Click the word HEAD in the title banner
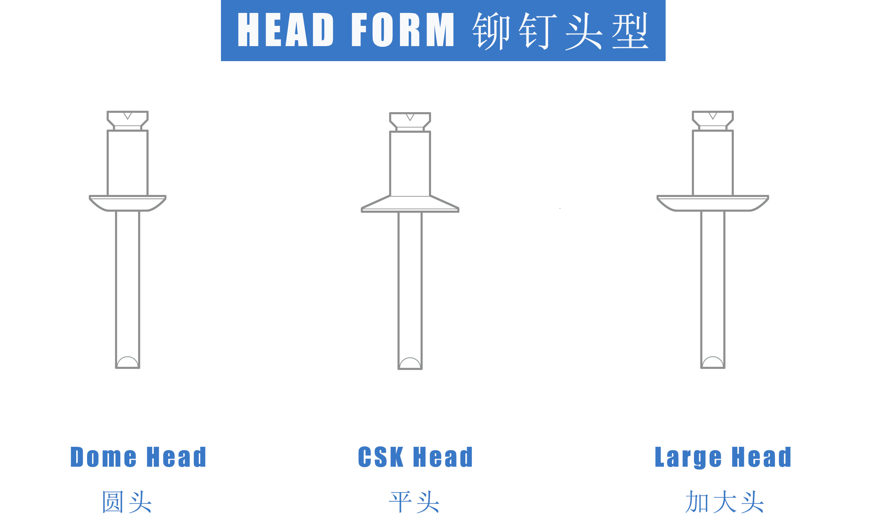(285, 30)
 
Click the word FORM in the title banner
(403, 30)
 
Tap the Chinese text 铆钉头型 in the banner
(560, 31)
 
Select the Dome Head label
(138, 457)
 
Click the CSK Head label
(415, 457)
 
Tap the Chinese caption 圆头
(127, 502)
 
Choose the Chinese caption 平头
(414, 502)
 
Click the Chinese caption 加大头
(724, 502)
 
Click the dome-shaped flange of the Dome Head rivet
(128, 204)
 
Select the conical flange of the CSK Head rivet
(410, 204)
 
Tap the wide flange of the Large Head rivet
(712, 204)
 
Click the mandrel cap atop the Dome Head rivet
(128, 121)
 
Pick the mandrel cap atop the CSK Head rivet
(410, 122)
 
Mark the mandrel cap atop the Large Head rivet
(712, 121)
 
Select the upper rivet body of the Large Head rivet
(712, 163)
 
